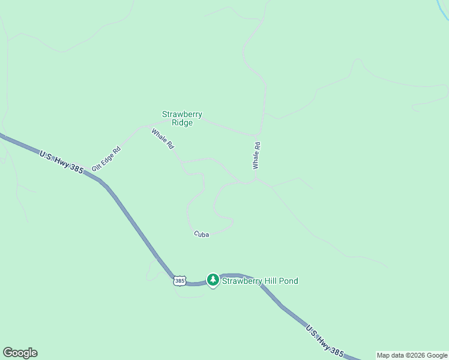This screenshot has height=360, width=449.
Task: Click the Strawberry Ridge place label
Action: pyautogui.click(x=182, y=118)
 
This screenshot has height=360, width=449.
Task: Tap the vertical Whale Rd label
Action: pyautogui.click(x=256, y=155)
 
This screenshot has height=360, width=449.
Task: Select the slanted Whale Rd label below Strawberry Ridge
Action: pyautogui.click(x=163, y=139)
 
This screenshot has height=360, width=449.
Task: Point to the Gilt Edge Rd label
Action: pyautogui.click(x=106, y=158)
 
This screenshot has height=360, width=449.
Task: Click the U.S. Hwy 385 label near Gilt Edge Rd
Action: pyautogui.click(x=61, y=163)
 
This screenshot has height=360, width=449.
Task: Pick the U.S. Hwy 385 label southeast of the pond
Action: pyautogui.click(x=325, y=340)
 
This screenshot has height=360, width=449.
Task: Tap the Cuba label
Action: pyautogui.click(x=201, y=235)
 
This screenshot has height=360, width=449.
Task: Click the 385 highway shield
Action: pyautogui.click(x=179, y=280)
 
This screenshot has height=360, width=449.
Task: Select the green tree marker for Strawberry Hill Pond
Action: pyautogui.click(x=212, y=280)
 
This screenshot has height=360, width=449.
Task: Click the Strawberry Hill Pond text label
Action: pyautogui.click(x=260, y=281)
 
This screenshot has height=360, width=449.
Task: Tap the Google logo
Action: pyautogui.click(x=20, y=353)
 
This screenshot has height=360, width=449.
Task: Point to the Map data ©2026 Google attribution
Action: pyautogui.click(x=412, y=355)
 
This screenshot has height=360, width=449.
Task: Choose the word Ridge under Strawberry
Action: pyautogui.click(x=182, y=123)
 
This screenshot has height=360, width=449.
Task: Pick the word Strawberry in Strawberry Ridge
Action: pyautogui.click(x=182, y=114)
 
